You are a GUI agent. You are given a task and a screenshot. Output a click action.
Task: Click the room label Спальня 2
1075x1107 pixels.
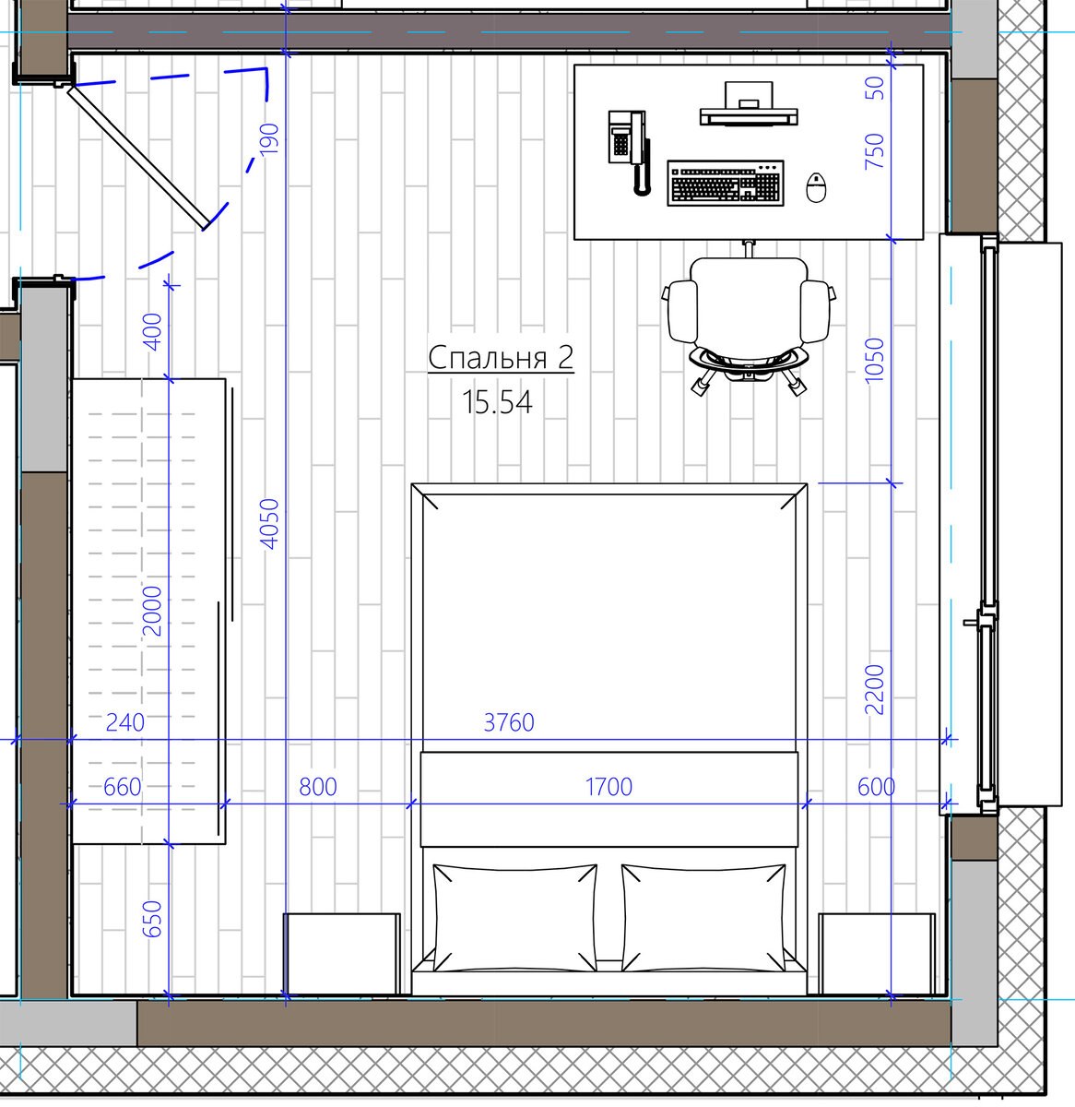click(501, 358)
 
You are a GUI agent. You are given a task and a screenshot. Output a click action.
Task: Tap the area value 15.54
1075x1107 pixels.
click(497, 402)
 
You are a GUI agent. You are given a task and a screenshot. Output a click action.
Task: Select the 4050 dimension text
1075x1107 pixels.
click(270, 524)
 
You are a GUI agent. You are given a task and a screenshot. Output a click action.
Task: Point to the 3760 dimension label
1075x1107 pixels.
click(509, 722)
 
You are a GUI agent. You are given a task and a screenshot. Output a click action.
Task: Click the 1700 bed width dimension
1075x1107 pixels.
click(608, 787)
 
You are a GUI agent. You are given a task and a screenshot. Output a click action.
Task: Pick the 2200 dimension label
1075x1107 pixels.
click(875, 689)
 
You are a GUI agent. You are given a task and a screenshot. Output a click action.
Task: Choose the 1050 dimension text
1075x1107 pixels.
click(875, 361)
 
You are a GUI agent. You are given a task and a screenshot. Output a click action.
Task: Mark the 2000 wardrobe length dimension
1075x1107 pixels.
click(152, 611)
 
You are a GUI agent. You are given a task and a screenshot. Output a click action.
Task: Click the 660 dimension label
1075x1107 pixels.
click(123, 787)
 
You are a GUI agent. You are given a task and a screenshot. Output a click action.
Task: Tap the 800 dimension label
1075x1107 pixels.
click(318, 787)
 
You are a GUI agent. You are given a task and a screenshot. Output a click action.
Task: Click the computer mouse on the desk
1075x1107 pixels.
click(816, 187)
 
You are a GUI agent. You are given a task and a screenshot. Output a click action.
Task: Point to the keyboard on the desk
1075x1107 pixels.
click(726, 184)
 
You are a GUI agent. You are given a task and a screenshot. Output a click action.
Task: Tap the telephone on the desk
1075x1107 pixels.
click(629, 152)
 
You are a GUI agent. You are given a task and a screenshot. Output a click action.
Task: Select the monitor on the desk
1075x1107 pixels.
click(749, 103)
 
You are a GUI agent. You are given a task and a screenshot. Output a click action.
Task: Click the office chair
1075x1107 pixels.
click(749, 319)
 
